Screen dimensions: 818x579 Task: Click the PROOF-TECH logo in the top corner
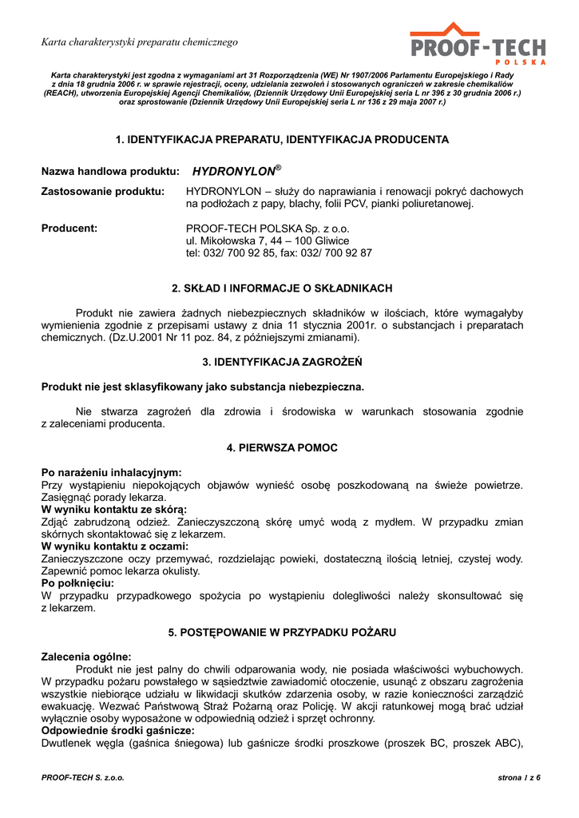[x=478, y=44]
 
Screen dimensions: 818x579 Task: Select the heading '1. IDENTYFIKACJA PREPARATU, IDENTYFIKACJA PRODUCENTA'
[x=282, y=140]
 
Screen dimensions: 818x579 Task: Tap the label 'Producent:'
[x=69, y=228]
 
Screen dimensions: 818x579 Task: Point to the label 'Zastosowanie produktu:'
[x=103, y=192]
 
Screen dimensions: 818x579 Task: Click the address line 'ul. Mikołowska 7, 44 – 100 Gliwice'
[x=267, y=240]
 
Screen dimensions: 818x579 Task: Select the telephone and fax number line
[x=279, y=253]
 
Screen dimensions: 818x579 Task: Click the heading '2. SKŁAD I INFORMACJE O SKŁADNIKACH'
[x=282, y=288]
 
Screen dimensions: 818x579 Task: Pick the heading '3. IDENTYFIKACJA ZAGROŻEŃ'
[x=282, y=362]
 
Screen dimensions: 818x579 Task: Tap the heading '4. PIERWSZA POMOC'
[x=282, y=448]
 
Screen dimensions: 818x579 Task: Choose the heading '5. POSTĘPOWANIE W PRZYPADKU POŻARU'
[x=282, y=632]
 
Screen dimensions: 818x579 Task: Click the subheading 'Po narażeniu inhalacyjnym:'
[x=112, y=473]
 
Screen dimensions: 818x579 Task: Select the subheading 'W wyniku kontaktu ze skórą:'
[x=114, y=510]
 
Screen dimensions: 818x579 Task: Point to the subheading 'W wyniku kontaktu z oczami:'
[x=115, y=546]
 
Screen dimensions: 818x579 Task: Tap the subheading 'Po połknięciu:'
[x=78, y=583]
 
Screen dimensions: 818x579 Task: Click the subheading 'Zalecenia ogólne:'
[x=86, y=657]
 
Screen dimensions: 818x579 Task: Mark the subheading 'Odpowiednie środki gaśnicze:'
[x=117, y=730]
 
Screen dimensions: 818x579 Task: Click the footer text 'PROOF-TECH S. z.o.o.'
[x=83, y=777]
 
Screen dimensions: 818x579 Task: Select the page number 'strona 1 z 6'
[x=519, y=777]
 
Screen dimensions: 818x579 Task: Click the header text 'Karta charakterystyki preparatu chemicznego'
[x=140, y=42]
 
